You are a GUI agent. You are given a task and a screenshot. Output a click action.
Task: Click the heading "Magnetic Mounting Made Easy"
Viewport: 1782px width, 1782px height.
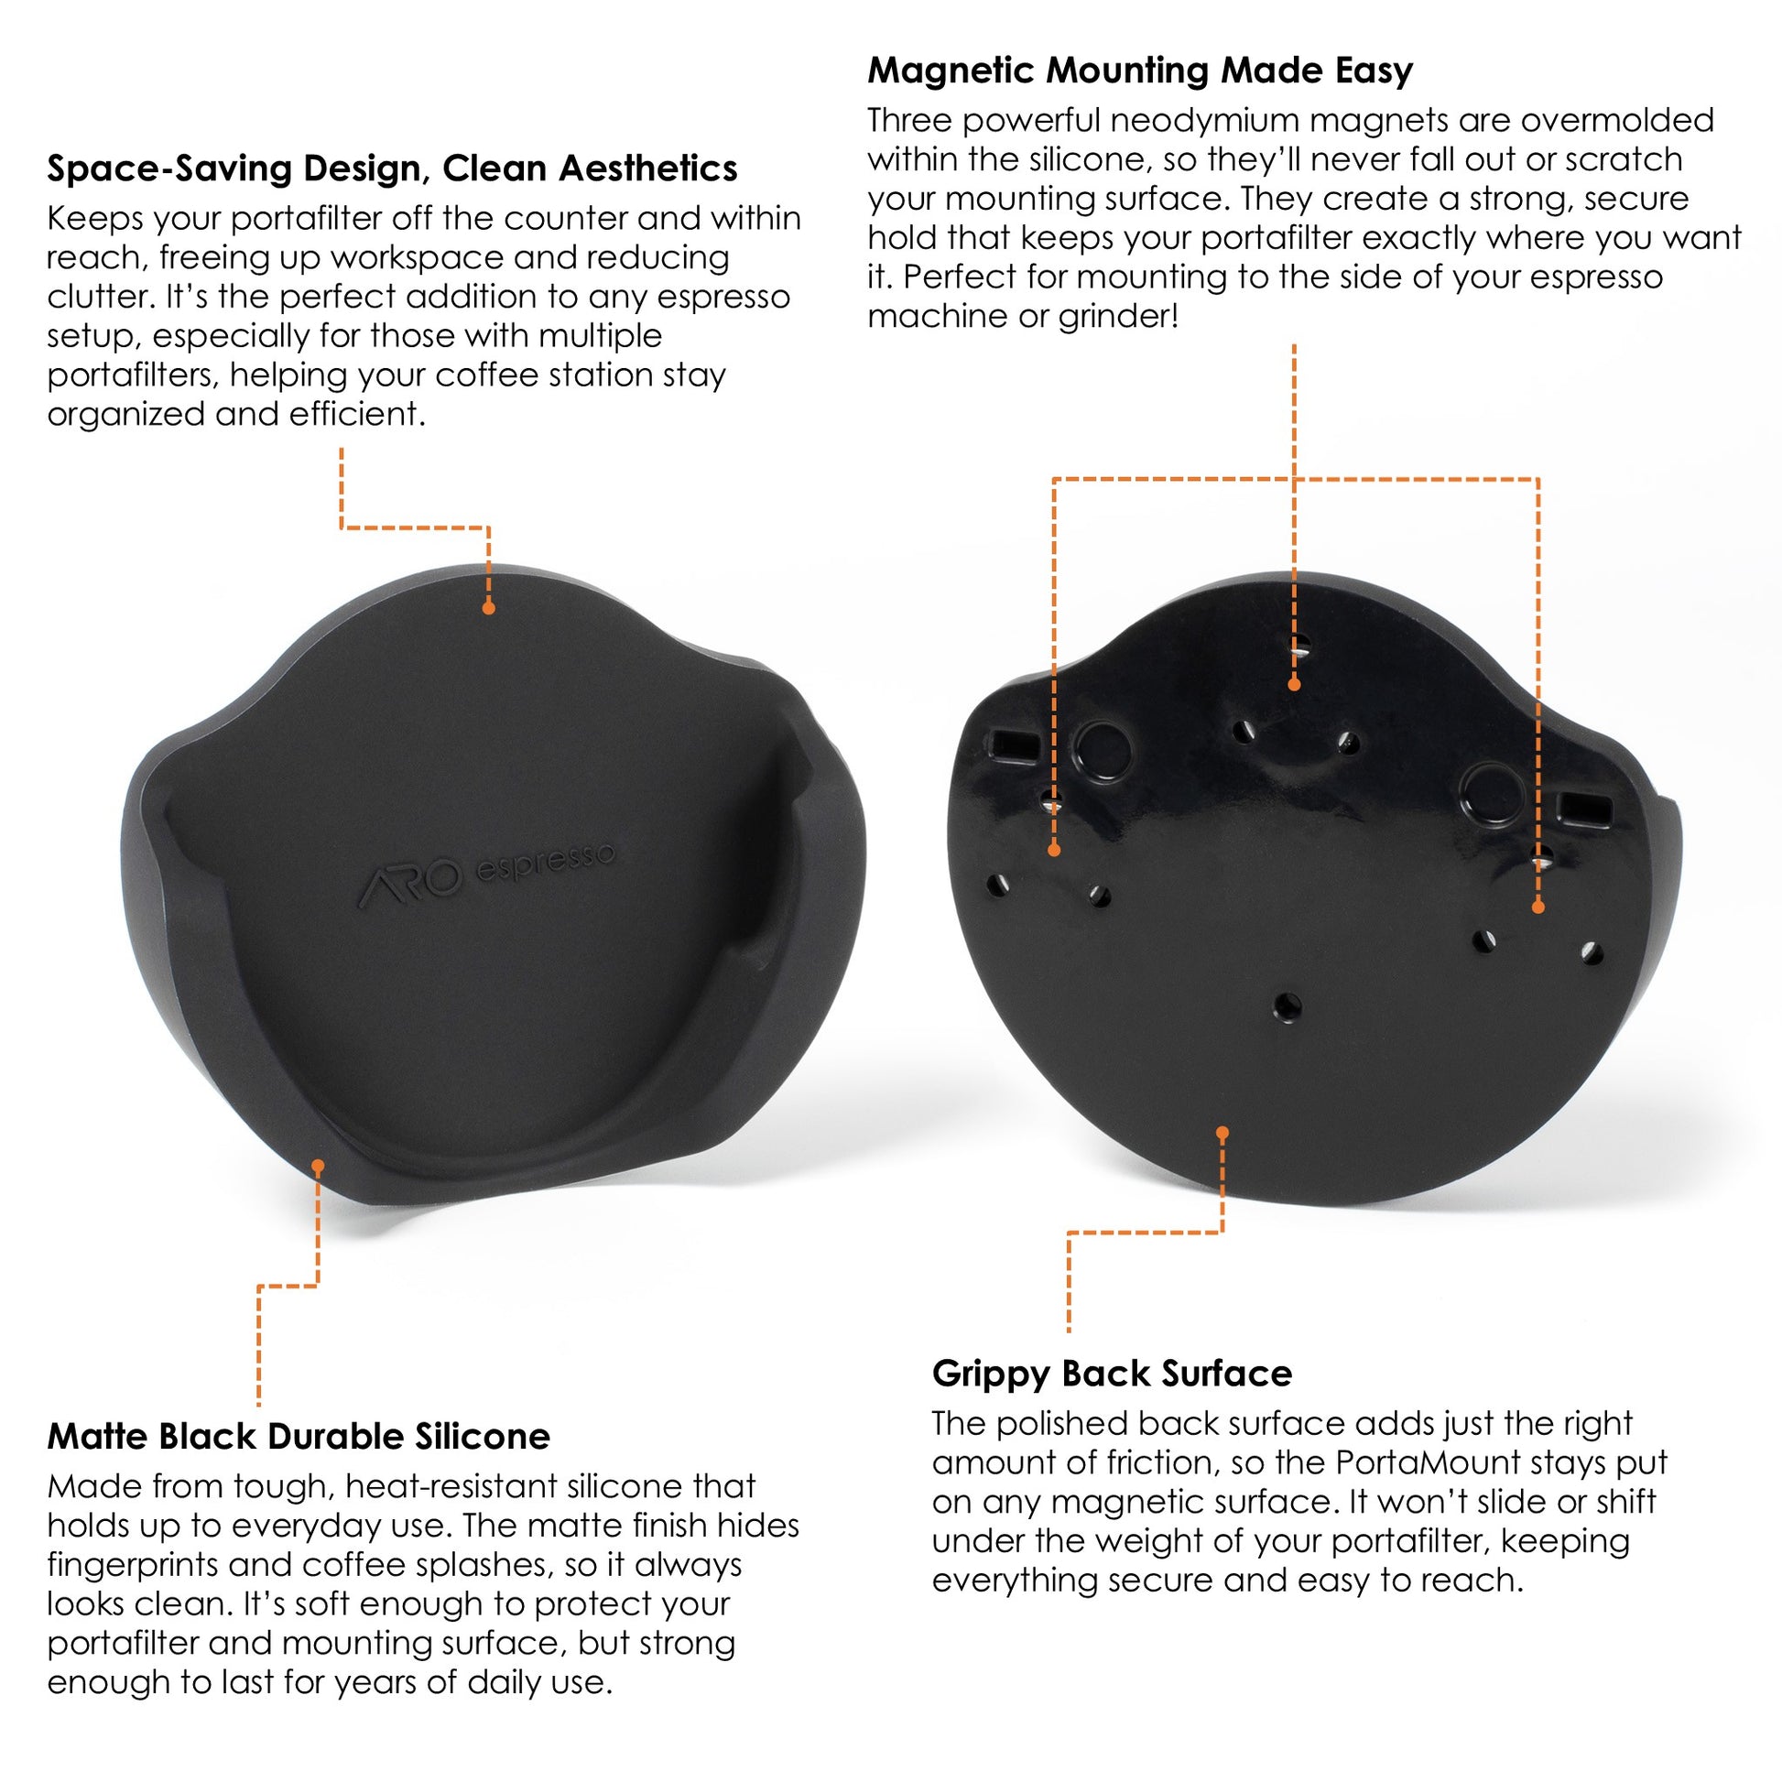pos(1139,71)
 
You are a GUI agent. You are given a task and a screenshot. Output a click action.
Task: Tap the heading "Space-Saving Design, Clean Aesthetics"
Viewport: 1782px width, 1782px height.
pos(392,168)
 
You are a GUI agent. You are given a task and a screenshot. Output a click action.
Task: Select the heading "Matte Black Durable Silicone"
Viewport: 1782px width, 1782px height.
pos(298,1436)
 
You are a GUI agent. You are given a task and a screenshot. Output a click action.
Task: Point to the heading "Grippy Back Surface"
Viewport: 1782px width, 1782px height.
pos(1112,1374)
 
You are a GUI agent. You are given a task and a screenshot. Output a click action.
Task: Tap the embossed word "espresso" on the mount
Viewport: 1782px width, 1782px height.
pos(544,861)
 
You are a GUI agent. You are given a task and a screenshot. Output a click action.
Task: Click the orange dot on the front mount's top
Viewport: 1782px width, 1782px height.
pos(489,609)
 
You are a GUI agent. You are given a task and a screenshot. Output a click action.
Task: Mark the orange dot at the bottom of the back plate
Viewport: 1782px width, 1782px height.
pos(1223,1133)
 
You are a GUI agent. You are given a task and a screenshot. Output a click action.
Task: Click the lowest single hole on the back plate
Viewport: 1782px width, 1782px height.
pos(1288,1006)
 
